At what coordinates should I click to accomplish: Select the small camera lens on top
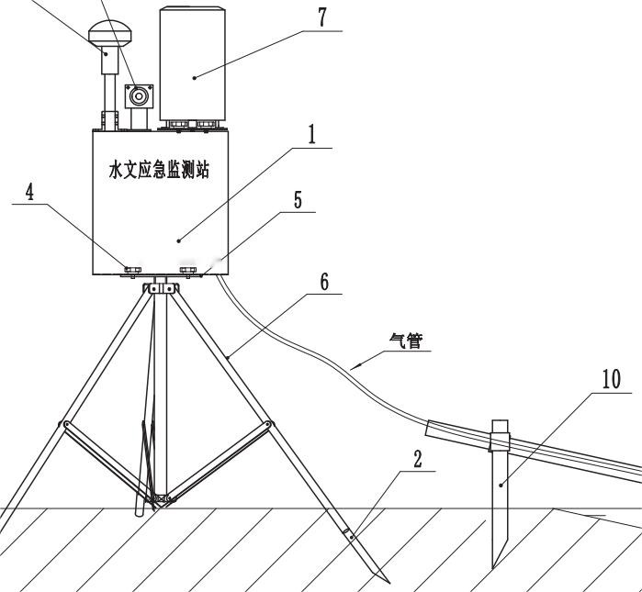(140, 95)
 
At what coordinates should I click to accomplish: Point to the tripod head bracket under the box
(160, 286)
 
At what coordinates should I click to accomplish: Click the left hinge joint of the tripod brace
(63, 424)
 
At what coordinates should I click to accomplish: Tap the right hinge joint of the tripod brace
(268, 424)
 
